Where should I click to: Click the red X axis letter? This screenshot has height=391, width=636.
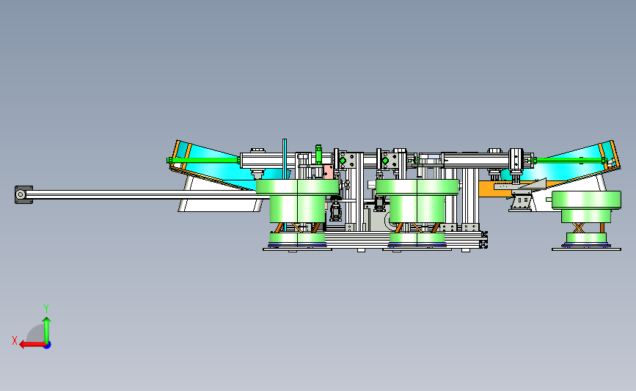pos(15,340)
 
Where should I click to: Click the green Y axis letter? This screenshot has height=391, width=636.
pos(46,309)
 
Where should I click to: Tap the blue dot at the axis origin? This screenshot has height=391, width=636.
pos(47,346)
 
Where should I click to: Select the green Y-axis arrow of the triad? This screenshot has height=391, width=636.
pos(47,330)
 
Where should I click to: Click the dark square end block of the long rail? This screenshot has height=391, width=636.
pos(23,194)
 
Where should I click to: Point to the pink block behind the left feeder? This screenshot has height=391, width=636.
pos(328,171)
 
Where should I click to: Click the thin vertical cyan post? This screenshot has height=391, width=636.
pos(285,159)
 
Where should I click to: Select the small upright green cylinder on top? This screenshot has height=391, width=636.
pos(318,155)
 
